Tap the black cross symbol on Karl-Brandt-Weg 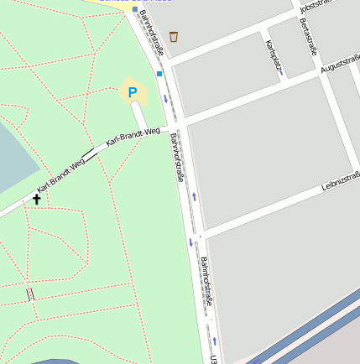click(x=36, y=199)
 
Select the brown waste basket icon click(x=174, y=36)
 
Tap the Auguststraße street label click(x=340, y=65)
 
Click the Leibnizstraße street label click(x=340, y=181)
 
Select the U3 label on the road click(x=214, y=359)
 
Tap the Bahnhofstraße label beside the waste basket click(x=153, y=34)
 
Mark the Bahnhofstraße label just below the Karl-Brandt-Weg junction click(x=177, y=158)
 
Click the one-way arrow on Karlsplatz click(x=281, y=73)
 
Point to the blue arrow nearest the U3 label click(x=215, y=341)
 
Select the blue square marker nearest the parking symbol click(x=159, y=74)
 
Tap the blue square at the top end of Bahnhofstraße click(x=134, y=9)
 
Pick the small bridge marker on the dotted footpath click(x=31, y=294)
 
